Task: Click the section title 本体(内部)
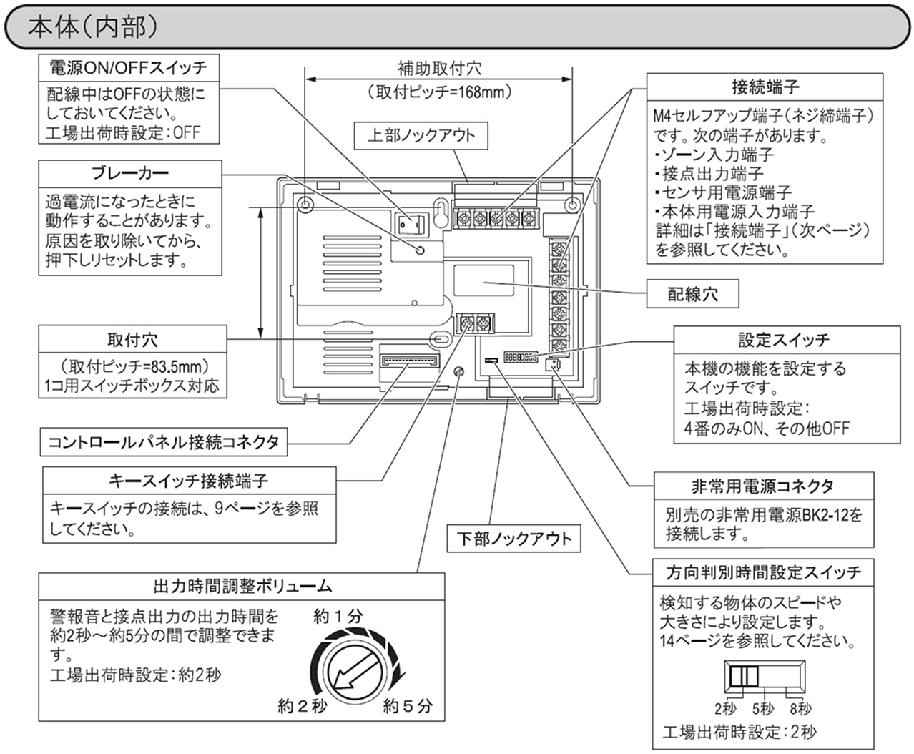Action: (x=93, y=26)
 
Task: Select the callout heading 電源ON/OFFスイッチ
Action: (x=128, y=68)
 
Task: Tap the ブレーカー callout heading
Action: (x=130, y=173)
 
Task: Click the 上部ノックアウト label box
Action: (x=421, y=136)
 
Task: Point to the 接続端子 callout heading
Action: (x=765, y=87)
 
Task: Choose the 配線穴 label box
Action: (x=692, y=294)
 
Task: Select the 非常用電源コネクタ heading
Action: (x=763, y=486)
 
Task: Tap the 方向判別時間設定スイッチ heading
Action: (x=763, y=572)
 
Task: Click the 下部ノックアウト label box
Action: (x=514, y=538)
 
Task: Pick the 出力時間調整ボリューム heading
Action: (x=243, y=587)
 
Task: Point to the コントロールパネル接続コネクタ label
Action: (x=164, y=442)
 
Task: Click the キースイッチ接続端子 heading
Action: (x=189, y=481)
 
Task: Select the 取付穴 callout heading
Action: (x=132, y=340)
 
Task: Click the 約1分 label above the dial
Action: (x=339, y=616)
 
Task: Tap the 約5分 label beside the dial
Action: (x=408, y=707)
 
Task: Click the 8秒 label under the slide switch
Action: (x=800, y=709)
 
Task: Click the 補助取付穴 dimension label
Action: (x=439, y=69)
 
